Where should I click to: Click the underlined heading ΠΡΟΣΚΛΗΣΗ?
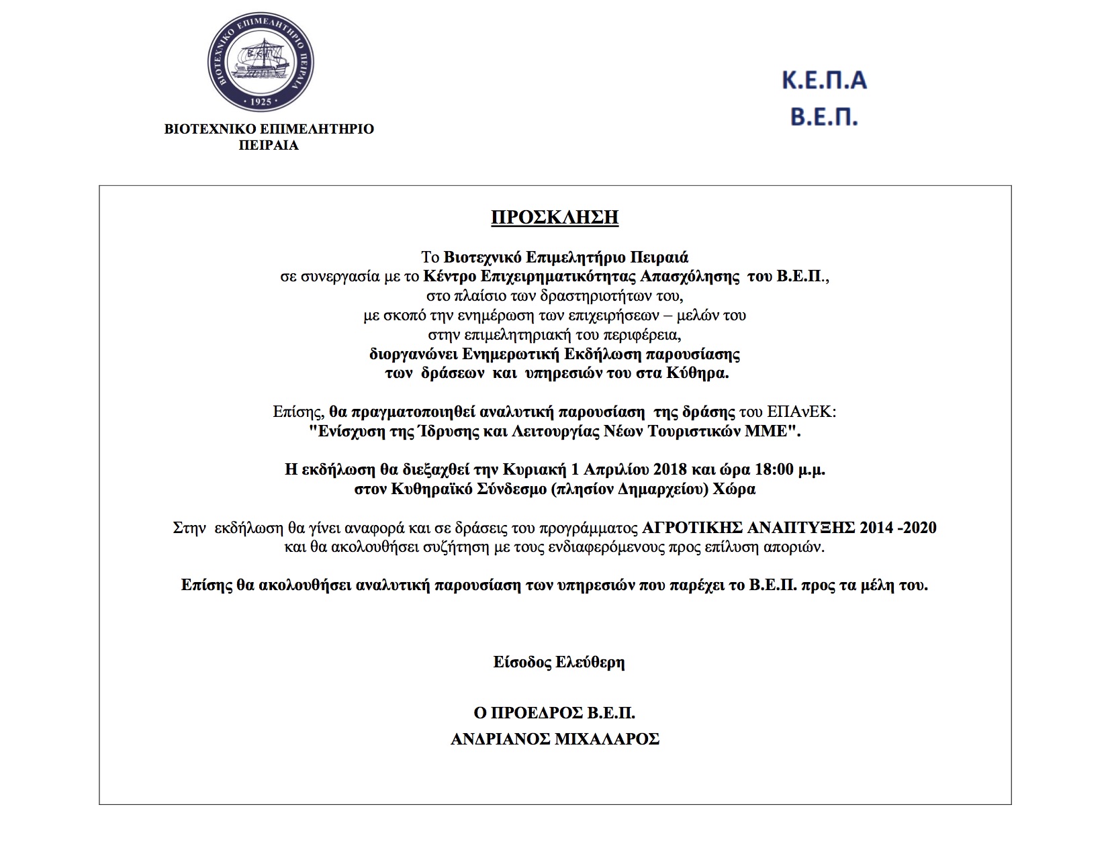[555, 218]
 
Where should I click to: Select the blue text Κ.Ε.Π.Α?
[824, 81]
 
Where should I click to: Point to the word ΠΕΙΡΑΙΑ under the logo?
[269, 146]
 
